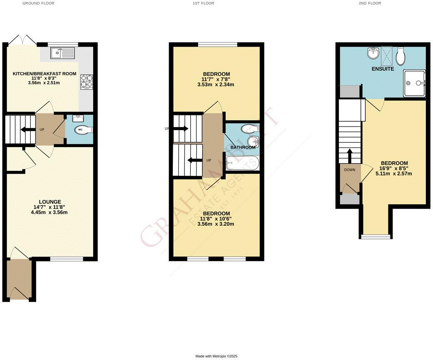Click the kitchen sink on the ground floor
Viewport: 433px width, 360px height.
click(x=62, y=53)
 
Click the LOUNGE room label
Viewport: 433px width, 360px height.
click(x=50, y=202)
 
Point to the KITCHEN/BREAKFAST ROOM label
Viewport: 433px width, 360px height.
click(x=44, y=74)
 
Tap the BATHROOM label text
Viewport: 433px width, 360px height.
click(x=243, y=147)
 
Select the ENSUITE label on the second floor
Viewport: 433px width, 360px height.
click(x=383, y=69)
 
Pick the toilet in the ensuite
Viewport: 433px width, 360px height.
click(x=401, y=56)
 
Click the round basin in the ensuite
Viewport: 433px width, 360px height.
click(x=373, y=53)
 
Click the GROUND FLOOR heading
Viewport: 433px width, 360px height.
click(x=38, y=3)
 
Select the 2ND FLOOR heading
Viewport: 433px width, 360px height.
click(x=369, y=3)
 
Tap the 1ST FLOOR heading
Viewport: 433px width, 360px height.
click(x=203, y=3)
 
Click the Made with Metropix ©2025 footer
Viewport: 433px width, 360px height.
click(x=216, y=356)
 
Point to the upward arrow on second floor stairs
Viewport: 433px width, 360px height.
click(x=350, y=156)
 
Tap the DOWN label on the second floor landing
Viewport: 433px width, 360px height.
click(x=349, y=170)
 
